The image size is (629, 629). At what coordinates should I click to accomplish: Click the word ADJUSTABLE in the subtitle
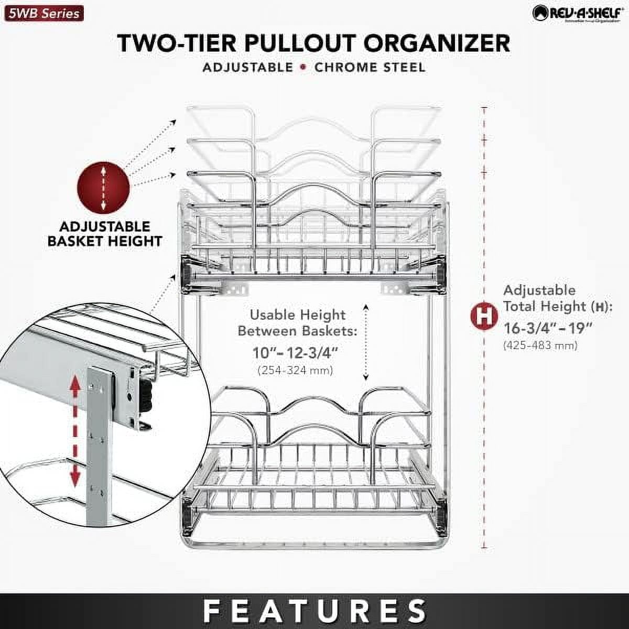pyautogui.click(x=248, y=68)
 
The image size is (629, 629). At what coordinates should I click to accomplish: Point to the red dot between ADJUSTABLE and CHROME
pyautogui.click(x=304, y=68)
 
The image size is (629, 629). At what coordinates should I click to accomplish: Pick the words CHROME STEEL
pyautogui.click(x=370, y=68)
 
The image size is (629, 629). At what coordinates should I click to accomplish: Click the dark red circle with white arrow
pyautogui.click(x=103, y=187)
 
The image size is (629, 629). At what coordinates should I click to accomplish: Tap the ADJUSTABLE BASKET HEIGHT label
pyautogui.click(x=105, y=234)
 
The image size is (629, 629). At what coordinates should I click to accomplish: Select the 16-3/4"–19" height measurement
pyautogui.click(x=548, y=329)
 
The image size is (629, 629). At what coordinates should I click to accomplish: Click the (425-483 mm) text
pyautogui.click(x=540, y=345)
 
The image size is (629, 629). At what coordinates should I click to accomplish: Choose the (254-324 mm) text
pyautogui.click(x=295, y=371)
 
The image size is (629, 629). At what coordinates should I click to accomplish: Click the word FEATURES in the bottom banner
pyautogui.click(x=314, y=611)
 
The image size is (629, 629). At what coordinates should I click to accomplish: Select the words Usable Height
pyautogui.click(x=297, y=315)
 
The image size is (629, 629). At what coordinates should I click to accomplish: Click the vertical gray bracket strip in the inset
pyautogui.click(x=100, y=446)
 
